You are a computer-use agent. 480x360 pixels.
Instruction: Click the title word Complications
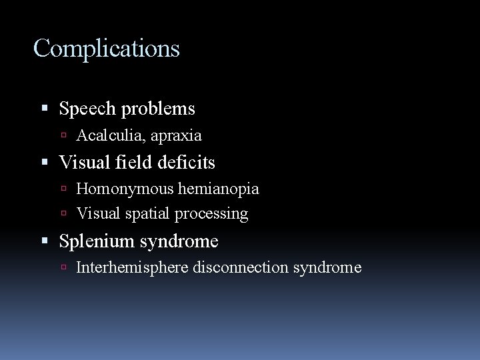point(107,49)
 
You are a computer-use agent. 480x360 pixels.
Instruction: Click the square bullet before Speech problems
point(51,108)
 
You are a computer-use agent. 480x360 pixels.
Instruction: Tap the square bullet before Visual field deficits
point(51,161)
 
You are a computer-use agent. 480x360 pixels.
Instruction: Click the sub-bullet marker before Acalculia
point(69,136)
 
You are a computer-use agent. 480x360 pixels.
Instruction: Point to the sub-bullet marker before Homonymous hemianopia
point(69,189)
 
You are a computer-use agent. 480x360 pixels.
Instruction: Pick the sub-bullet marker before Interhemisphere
point(69,268)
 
